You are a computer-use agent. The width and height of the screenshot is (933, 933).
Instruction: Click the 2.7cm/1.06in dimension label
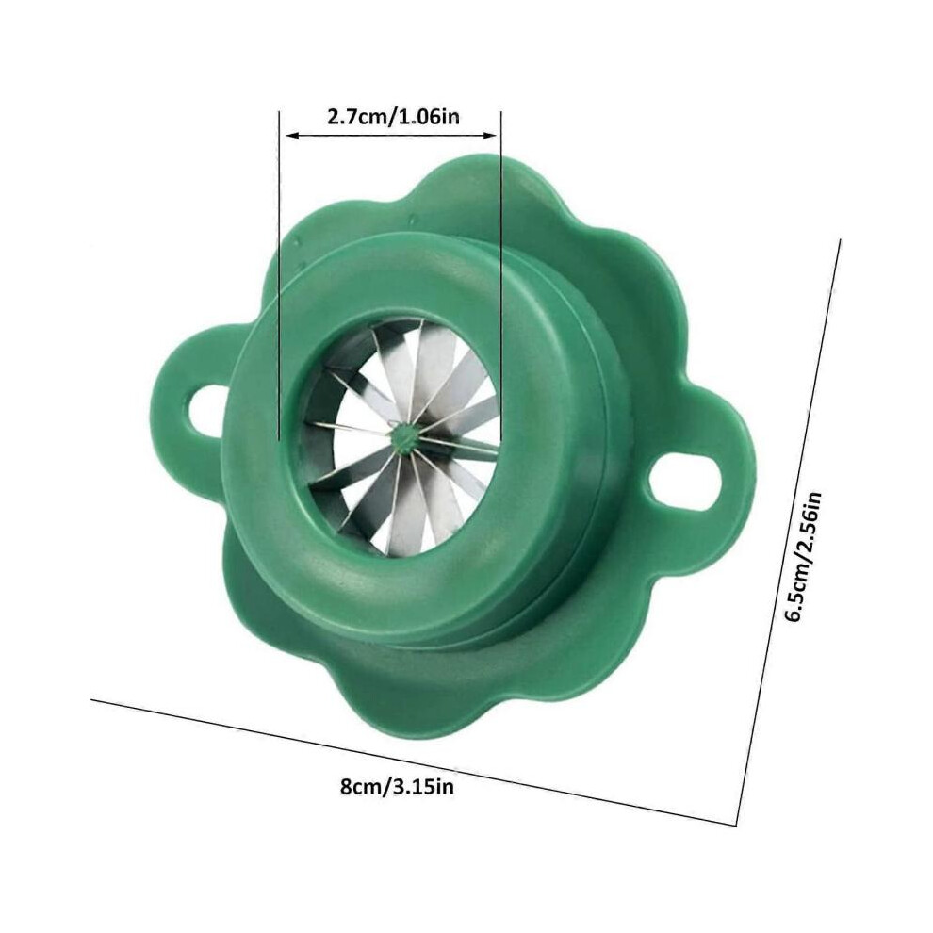[393, 117]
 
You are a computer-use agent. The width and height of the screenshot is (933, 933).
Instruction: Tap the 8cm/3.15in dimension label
[397, 787]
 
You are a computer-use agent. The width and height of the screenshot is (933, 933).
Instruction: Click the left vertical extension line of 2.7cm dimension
[279, 275]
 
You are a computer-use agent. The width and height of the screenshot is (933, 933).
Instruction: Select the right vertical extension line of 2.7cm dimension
[500, 275]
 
